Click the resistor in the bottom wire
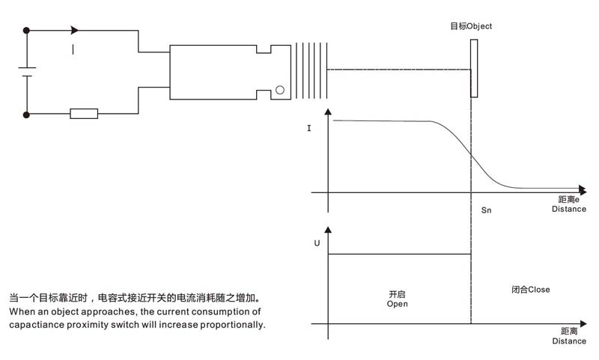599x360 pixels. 84,113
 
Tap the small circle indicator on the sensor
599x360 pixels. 280,90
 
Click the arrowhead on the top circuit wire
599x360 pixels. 75,30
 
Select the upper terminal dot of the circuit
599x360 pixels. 26,30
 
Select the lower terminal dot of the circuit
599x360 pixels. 26,115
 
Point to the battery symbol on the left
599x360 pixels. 27,72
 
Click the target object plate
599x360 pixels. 474,68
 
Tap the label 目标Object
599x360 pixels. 471,26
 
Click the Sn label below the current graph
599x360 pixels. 486,210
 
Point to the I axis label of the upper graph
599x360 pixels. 309,128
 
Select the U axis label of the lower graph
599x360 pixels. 317,243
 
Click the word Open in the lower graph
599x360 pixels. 398,305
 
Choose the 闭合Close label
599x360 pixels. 531,290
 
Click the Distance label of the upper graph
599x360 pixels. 569,209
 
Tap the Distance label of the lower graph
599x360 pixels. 569,341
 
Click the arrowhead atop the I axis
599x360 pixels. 328,112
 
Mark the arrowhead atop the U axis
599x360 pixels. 328,230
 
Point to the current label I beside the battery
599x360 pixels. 73,49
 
